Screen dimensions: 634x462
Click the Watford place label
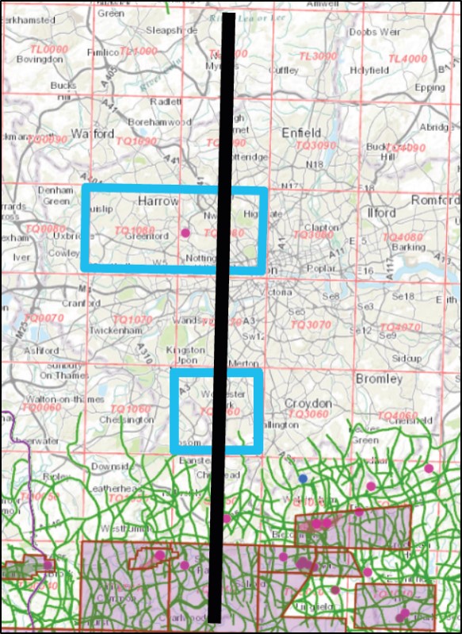pyautogui.click(x=93, y=133)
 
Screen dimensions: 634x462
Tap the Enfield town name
pyautogui.click(x=301, y=133)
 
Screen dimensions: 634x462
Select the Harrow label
pyautogui.click(x=158, y=202)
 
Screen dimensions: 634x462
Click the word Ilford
pyautogui.click(x=382, y=213)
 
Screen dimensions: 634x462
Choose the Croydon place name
pyautogui.click(x=307, y=403)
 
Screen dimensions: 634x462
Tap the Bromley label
pyautogui.click(x=379, y=378)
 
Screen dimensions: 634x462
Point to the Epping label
pyautogui.click(x=430, y=87)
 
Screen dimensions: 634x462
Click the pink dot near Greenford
pyautogui.click(x=185, y=233)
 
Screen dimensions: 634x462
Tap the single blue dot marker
pyautogui.click(x=303, y=478)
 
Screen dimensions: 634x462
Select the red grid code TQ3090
pyautogui.click(x=315, y=147)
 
